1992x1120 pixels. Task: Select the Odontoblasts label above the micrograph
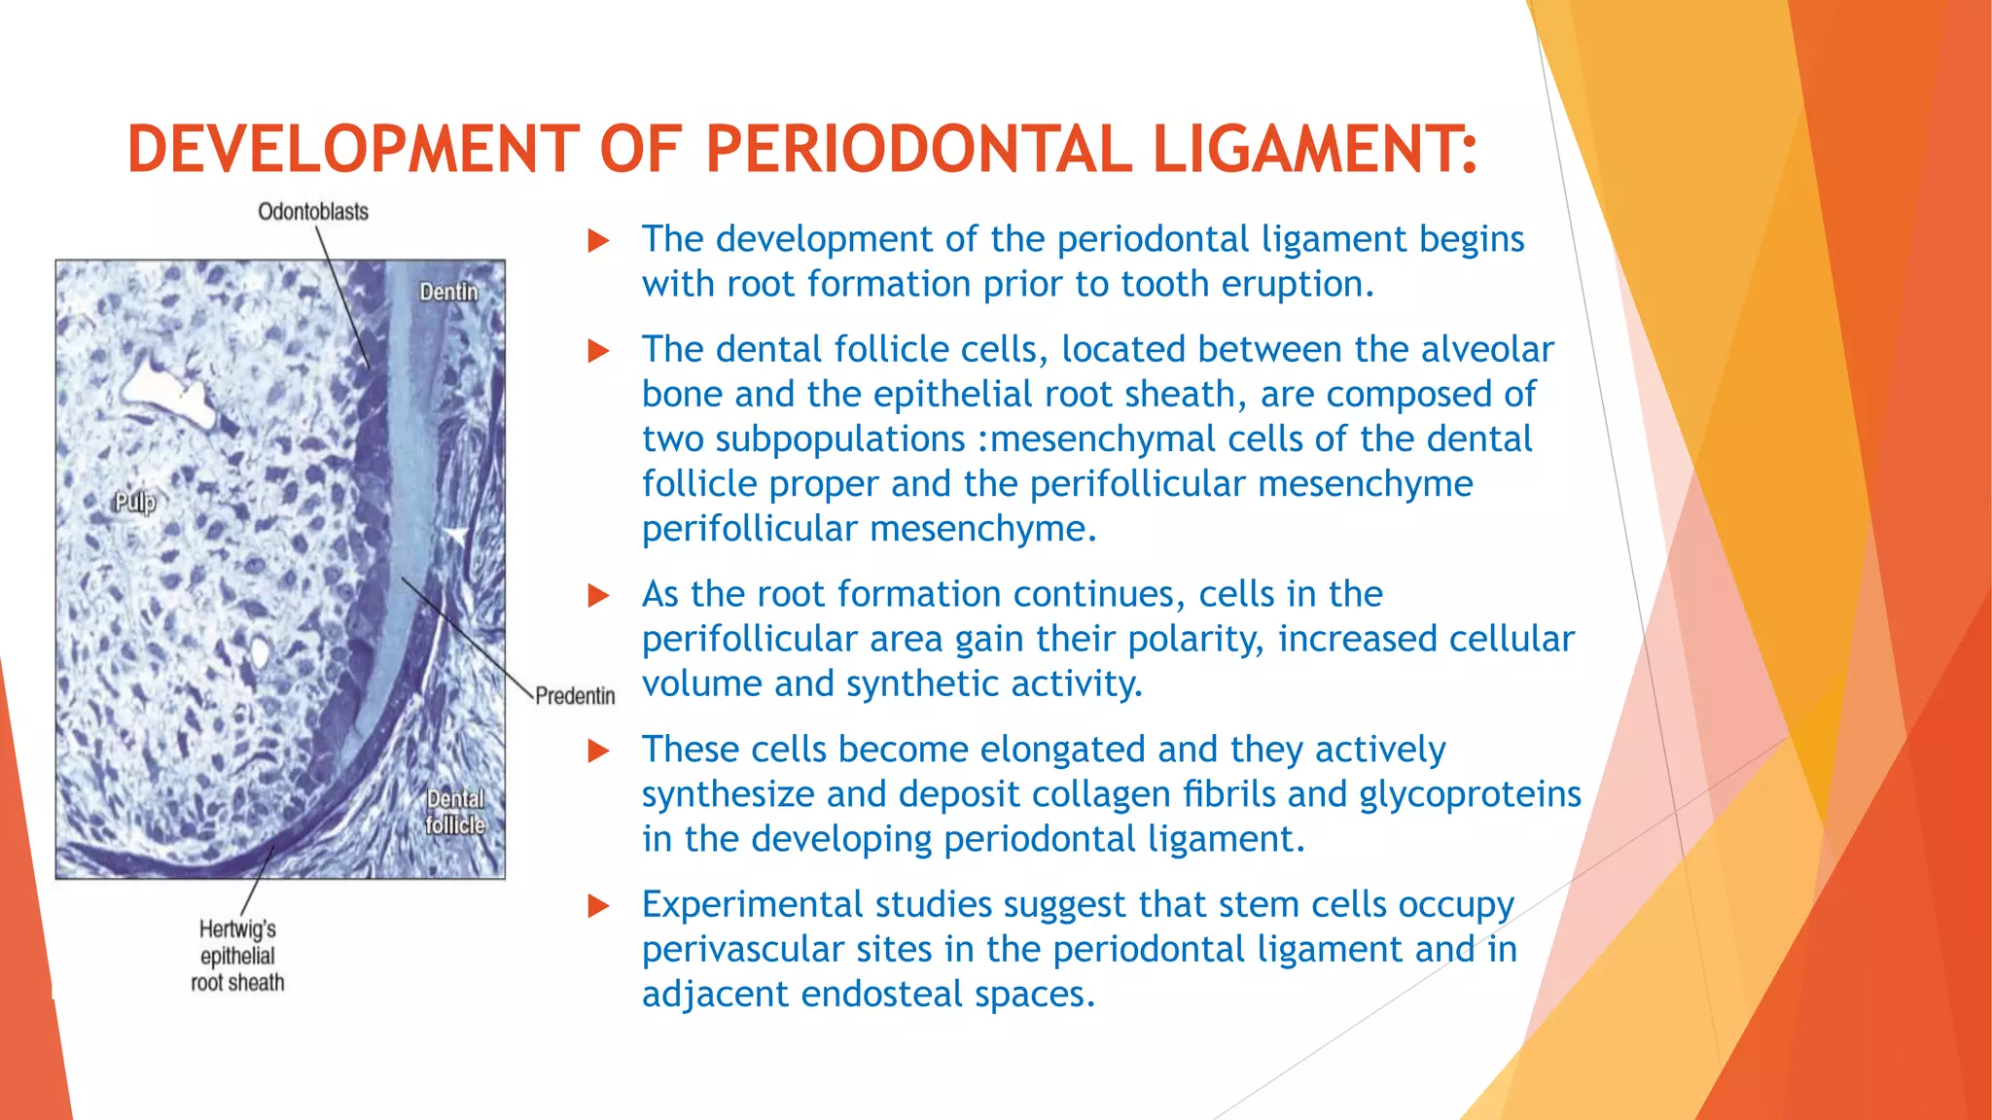coord(313,212)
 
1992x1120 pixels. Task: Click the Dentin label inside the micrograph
coord(448,292)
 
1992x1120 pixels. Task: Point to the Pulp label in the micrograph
coord(134,503)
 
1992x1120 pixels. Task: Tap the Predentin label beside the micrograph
coord(575,696)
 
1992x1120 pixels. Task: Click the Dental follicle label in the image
coord(455,812)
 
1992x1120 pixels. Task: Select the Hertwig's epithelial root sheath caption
coord(237,956)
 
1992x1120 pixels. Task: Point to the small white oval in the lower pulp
coord(259,651)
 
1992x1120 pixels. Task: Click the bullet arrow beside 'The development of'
coord(599,240)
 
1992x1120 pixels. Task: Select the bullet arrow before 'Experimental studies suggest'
coord(599,906)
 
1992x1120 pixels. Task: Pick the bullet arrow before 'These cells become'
coord(599,751)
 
